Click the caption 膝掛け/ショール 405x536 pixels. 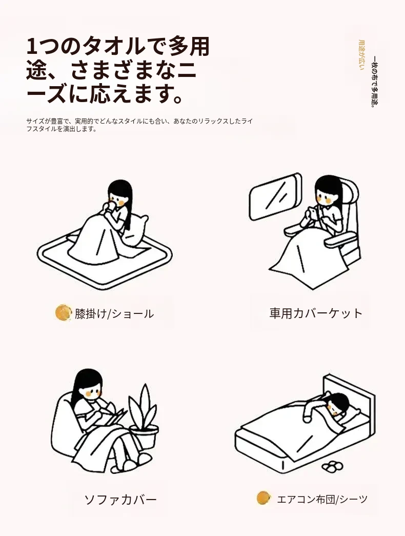pyautogui.click(x=114, y=314)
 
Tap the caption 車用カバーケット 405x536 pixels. pyautogui.click(x=316, y=313)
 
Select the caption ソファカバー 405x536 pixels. pyautogui.click(x=120, y=500)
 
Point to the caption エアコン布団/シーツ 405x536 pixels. pyautogui.click(x=322, y=499)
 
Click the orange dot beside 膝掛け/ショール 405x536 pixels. pyautogui.click(x=63, y=313)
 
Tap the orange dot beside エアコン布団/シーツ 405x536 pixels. pyautogui.click(x=264, y=498)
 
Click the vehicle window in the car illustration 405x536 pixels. pyautogui.click(x=275, y=196)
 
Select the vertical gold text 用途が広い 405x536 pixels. pyautogui.click(x=361, y=55)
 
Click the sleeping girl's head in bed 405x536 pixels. pyautogui.click(x=338, y=403)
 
